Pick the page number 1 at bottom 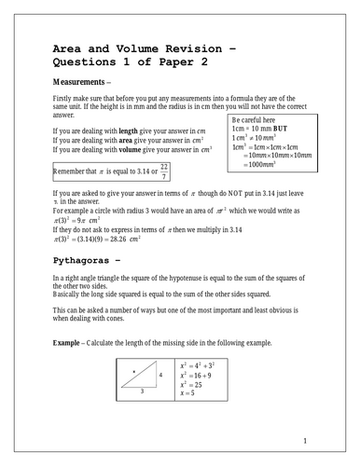304,440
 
